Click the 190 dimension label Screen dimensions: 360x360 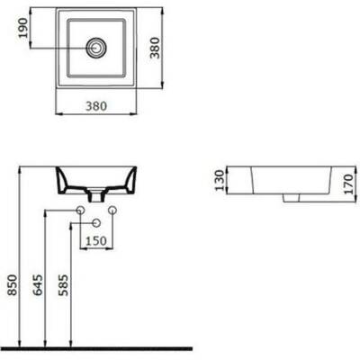[23, 28]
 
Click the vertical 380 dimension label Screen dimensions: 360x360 [155, 48]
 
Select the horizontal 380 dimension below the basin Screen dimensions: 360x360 [96, 106]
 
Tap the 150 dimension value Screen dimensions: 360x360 [96, 241]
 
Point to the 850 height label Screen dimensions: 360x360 [13, 284]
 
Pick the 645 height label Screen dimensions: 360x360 [38, 284]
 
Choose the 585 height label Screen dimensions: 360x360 [63, 284]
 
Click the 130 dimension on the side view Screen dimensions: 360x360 [220, 180]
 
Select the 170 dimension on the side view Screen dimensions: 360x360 [348, 184]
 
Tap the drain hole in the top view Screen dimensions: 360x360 [95, 48]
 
